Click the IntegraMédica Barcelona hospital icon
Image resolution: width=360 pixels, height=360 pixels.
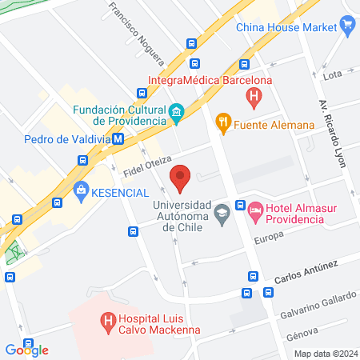[x=254, y=98]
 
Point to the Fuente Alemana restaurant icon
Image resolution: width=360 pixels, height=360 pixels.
[x=223, y=122]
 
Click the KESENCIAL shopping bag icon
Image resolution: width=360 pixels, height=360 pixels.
[x=81, y=192]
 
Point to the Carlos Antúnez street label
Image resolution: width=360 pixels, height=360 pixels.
[x=306, y=271]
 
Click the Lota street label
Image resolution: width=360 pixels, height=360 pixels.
[x=333, y=74]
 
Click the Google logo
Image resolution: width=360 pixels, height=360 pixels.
[x=27, y=350]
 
